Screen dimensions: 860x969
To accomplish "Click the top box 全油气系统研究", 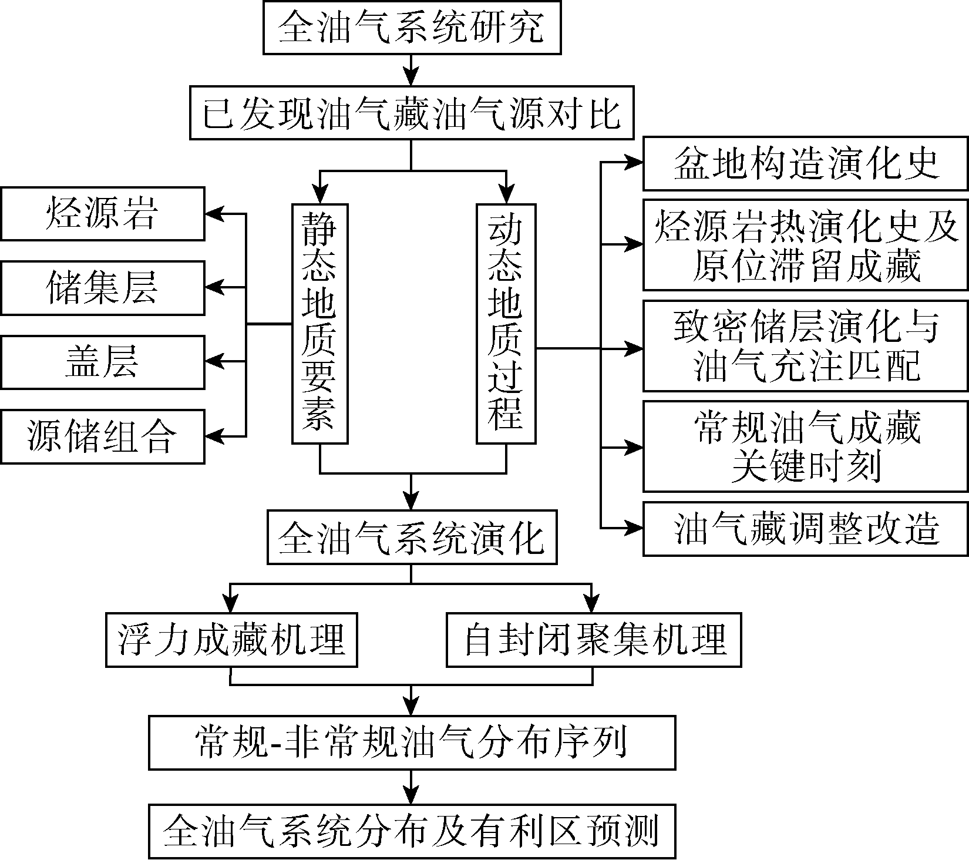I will point(412,28).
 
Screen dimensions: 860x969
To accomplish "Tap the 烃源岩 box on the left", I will point(102,214).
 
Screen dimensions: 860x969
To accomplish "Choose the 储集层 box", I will point(102,288).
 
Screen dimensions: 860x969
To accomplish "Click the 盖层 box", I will point(102,362).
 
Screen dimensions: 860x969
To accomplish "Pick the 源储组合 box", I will point(102,436).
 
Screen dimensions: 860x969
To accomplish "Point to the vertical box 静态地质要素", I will point(319,323).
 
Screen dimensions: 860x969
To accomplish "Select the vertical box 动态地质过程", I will point(506,323).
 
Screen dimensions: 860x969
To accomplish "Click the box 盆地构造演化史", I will point(805,163).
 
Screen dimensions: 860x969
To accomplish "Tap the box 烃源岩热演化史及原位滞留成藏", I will point(805,245).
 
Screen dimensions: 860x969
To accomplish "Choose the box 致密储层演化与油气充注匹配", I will point(805,346).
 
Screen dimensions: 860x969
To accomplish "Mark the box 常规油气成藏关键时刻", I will point(805,446).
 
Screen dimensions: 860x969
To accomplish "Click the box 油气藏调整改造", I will point(805,528).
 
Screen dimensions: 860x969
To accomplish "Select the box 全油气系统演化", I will point(412,537).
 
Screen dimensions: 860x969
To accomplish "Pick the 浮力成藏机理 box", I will point(231,640).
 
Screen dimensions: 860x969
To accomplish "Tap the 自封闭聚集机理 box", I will point(594,640).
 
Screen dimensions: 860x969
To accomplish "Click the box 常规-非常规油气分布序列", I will point(412,743).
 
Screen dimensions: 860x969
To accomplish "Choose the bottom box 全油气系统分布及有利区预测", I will point(412,831).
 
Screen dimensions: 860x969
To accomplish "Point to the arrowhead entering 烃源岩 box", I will point(213,214).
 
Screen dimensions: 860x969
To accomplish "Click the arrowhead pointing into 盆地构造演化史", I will point(635,163).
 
